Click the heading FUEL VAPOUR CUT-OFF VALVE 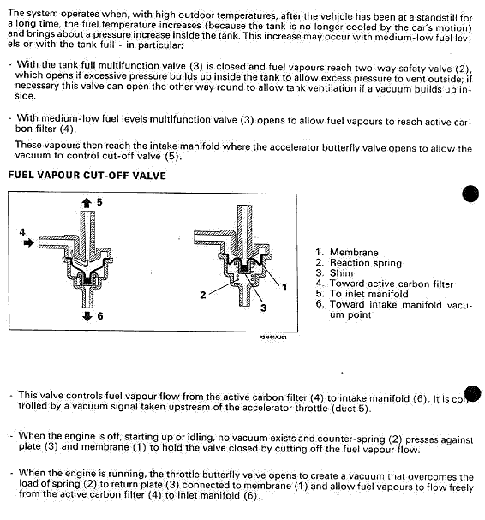pyautogui.click(x=87, y=175)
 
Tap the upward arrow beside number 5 pyautogui.click(x=87, y=202)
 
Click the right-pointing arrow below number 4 pyautogui.click(x=29, y=242)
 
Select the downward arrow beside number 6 pyautogui.click(x=87, y=316)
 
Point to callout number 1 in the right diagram pyautogui.click(x=284, y=287)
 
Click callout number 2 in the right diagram pyautogui.click(x=203, y=295)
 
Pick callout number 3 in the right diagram pyautogui.click(x=263, y=308)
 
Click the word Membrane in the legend pyautogui.click(x=354, y=253)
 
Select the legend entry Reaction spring pyautogui.click(x=366, y=263)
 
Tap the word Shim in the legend pyautogui.click(x=341, y=273)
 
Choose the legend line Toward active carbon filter pyautogui.click(x=392, y=284)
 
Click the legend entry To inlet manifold pyautogui.click(x=369, y=294)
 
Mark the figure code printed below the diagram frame pyautogui.click(x=272, y=338)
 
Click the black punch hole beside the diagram pyautogui.click(x=470, y=194)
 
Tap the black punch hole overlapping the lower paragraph pyautogui.click(x=473, y=394)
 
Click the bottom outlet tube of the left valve pyautogui.click(x=87, y=296)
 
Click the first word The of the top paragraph pyautogui.click(x=16, y=13)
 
